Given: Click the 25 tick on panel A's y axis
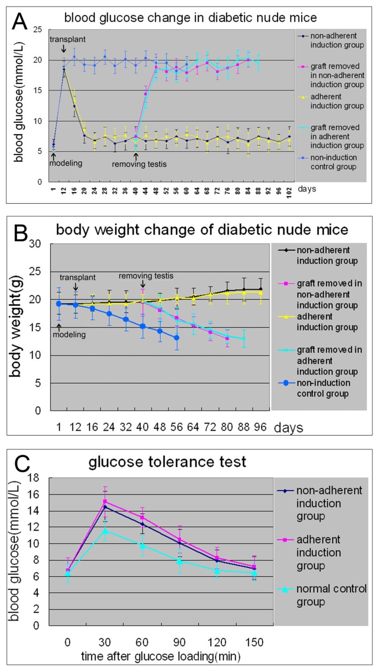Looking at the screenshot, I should pyautogui.click(x=38, y=29).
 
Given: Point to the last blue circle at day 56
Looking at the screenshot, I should pyautogui.click(x=177, y=337).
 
